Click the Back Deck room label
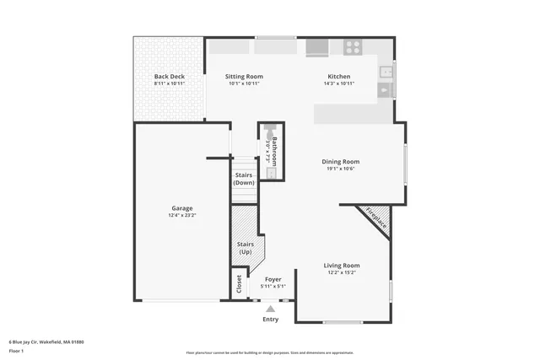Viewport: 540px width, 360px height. (x=169, y=77)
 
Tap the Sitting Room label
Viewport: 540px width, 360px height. (x=244, y=77)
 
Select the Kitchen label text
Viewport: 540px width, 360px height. (x=339, y=77)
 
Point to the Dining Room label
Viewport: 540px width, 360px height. (x=340, y=161)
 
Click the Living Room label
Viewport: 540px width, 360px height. (x=342, y=266)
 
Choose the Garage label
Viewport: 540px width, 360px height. (x=182, y=208)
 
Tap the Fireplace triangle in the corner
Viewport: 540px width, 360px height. (x=375, y=218)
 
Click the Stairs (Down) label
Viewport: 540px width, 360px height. (x=245, y=179)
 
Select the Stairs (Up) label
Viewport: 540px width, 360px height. (x=245, y=248)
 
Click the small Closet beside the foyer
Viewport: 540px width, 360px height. (x=239, y=284)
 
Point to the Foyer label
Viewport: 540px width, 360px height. (x=273, y=279)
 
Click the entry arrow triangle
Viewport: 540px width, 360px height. (x=271, y=309)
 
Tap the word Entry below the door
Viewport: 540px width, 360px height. (x=271, y=320)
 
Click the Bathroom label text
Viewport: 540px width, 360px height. (x=274, y=150)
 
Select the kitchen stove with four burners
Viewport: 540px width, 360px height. (x=353, y=47)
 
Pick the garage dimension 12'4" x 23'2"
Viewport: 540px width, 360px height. (x=182, y=216)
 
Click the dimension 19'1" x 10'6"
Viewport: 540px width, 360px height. (x=340, y=169)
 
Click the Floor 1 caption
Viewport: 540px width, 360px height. (x=16, y=350)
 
